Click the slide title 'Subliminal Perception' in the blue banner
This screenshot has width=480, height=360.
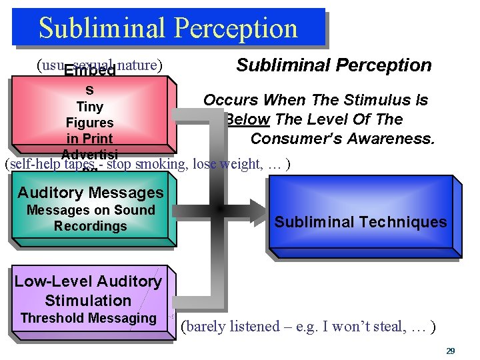pyautogui.click(x=168, y=28)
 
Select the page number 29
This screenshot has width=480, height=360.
pyautogui.click(x=451, y=351)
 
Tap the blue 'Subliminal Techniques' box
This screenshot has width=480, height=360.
pyautogui.click(x=361, y=222)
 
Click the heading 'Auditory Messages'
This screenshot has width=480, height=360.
pyautogui.click(x=90, y=193)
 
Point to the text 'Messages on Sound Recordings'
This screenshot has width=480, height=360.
pyautogui.click(x=90, y=218)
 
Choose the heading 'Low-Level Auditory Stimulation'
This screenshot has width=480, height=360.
pyautogui.click(x=88, y=291)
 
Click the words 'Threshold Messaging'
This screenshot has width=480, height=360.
pyautogui.click(x=88, y=318)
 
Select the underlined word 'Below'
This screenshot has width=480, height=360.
pyautogui.click(x=247, y=119)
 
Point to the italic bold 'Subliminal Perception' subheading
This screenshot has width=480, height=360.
pyautogui.click(x=334, y=65)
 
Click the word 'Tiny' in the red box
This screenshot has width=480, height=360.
pyautogui.click(x=90, y=107)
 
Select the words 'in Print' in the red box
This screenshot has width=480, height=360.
pyautogui.click(x=90, y=139)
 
